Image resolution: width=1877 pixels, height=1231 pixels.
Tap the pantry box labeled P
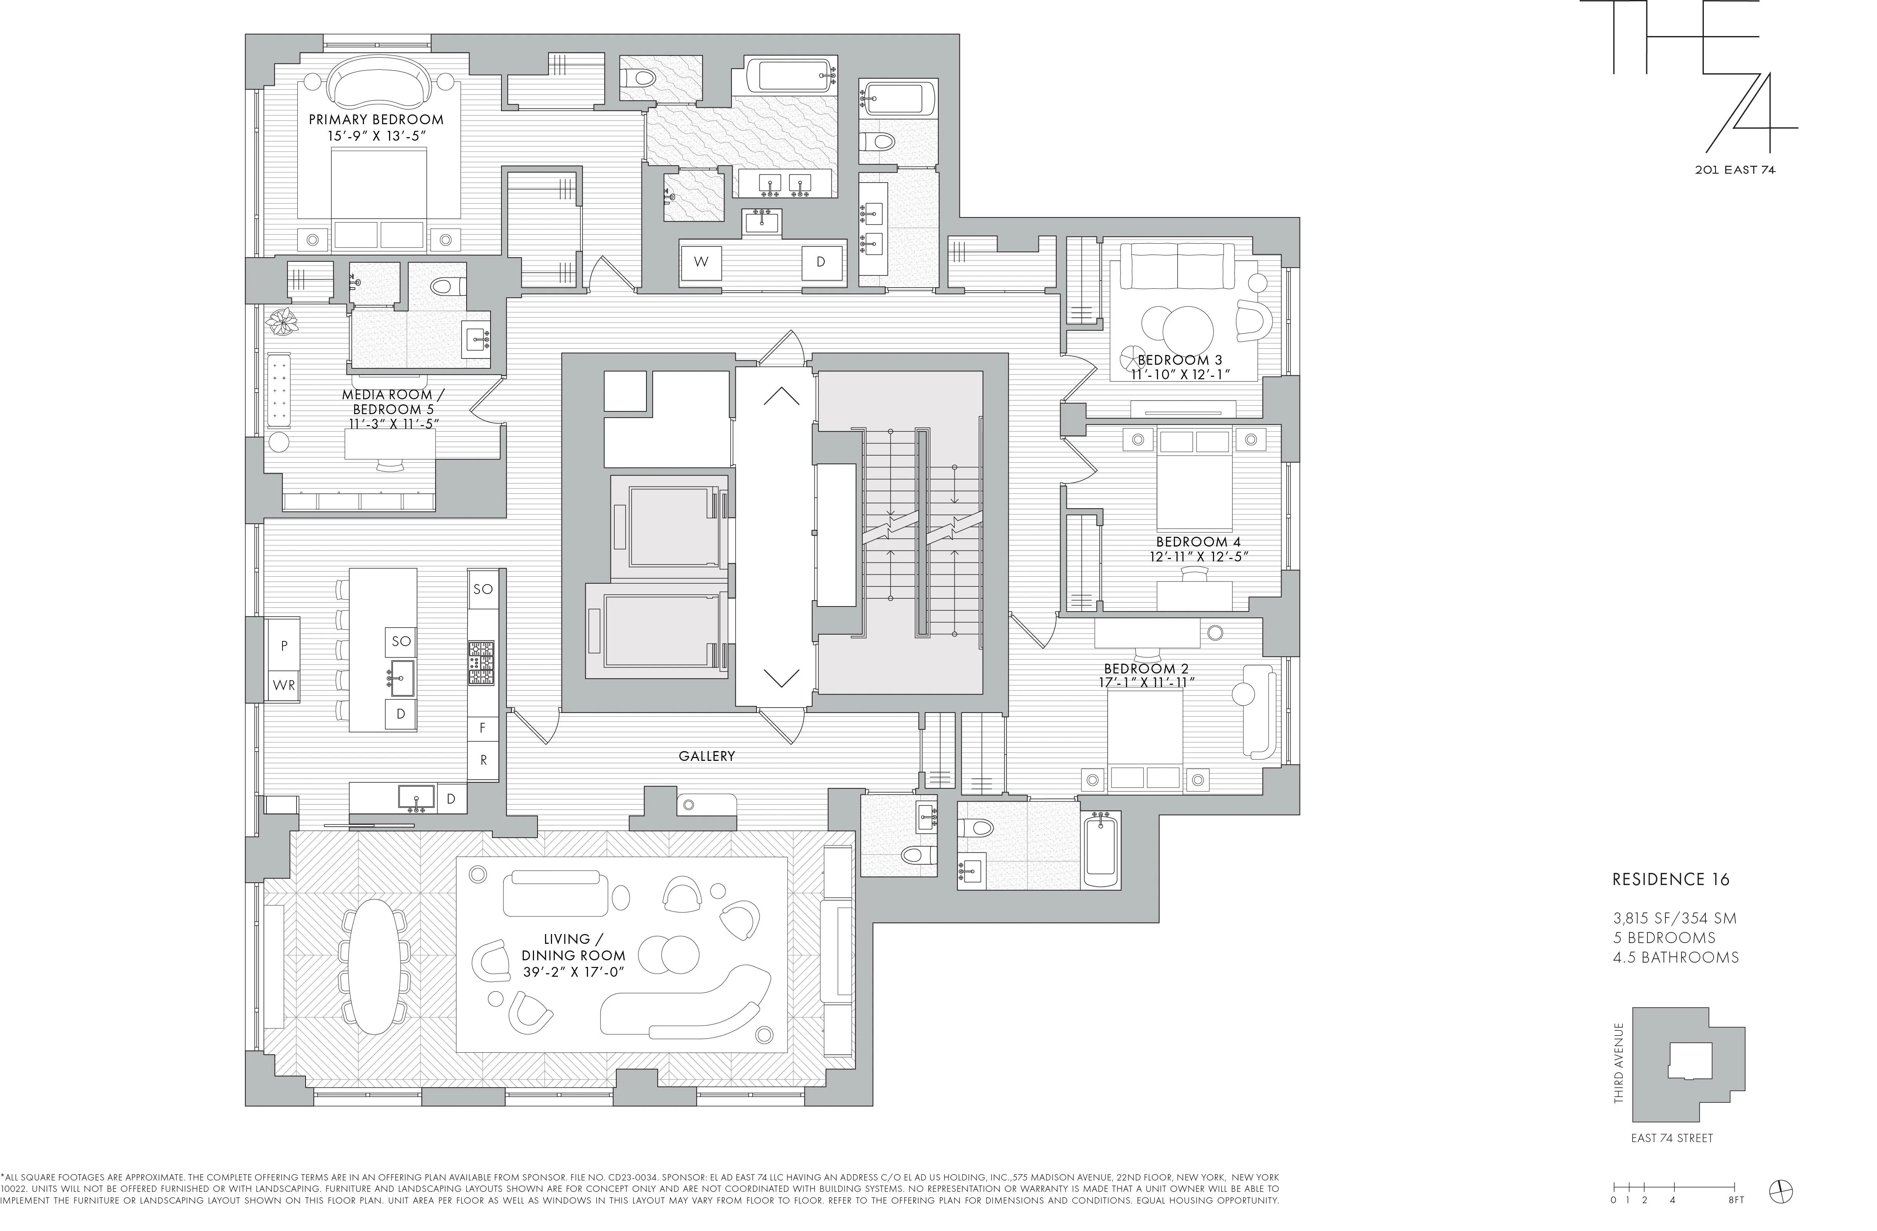[x=284, y=645]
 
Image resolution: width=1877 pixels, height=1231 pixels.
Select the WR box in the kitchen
[x=284, y=685]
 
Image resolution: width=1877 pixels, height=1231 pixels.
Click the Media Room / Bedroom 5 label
[x=387, y=402]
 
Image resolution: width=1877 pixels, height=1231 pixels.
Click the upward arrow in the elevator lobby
[x=781, y=396]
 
